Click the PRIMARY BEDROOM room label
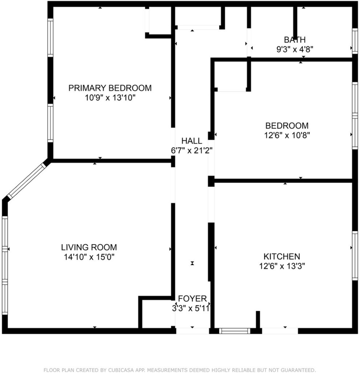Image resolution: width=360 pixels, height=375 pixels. point(110,88)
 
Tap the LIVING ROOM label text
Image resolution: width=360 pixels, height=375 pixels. point(89,247)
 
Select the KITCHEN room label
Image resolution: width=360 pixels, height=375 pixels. point(282,256)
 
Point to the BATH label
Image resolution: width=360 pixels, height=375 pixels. point(295,40)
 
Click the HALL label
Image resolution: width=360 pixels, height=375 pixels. point(192,141)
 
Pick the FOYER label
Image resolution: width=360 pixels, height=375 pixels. point(192,298)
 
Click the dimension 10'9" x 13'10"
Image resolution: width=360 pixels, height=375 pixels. point(110,98)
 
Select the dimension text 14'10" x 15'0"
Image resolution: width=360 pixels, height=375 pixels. point(89,257)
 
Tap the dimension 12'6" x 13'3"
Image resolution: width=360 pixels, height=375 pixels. point(282,266)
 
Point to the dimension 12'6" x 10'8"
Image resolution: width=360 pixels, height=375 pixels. point(287,135)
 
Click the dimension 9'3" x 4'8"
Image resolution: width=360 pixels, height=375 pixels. point(295,49)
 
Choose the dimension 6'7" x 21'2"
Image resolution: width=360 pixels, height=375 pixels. point(192,151)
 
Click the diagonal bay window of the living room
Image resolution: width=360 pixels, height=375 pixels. point(26,181)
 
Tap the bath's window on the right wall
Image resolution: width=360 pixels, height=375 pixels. point(355,41)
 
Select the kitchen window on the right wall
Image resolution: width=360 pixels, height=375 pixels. point(355,256)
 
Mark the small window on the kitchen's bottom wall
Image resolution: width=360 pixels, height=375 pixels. point(235,331)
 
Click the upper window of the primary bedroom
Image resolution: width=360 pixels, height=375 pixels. point(50,38)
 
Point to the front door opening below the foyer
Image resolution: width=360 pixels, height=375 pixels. point(192,331)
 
